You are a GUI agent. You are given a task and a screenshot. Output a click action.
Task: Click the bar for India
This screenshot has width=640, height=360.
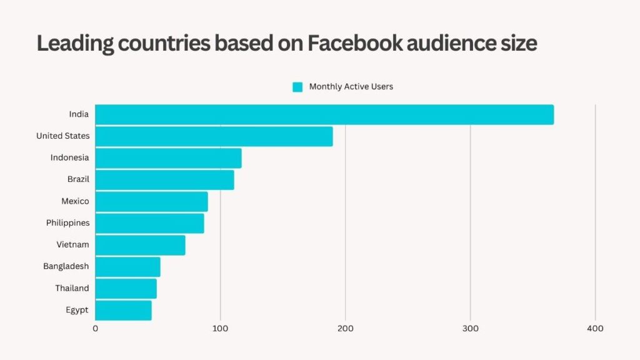point(324,114)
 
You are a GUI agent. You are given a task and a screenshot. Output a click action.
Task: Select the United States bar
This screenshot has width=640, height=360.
point(214,136)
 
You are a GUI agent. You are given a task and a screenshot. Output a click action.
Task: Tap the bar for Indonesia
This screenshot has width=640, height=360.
point(168,158)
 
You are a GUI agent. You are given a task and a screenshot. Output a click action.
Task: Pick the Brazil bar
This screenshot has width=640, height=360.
point(164,180)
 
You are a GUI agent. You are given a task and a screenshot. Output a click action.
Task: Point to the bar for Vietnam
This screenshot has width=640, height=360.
point(140,245)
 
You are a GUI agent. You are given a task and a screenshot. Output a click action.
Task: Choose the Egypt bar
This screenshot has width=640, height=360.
point(123,310)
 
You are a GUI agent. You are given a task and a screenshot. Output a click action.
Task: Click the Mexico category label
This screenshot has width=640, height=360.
point(75,201)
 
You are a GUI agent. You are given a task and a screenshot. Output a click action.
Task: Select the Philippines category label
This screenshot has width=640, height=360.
point(67,223)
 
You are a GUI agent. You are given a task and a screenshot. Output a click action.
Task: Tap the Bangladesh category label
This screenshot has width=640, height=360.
point(66,266)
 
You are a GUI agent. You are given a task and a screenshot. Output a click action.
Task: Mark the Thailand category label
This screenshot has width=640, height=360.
point(72,288)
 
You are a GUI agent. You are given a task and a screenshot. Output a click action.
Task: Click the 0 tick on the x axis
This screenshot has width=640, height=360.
point(96,328)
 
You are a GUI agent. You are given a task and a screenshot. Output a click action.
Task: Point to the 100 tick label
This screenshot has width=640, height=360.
point(220,328)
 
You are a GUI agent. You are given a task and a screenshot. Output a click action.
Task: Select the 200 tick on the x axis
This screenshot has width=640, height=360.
point(345,328)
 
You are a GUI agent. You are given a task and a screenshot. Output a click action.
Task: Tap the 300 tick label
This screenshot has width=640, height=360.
point(470,328)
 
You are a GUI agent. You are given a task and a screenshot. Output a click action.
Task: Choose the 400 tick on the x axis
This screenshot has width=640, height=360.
point(595,328)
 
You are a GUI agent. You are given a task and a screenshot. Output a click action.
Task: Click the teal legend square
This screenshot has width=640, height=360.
point(297,87)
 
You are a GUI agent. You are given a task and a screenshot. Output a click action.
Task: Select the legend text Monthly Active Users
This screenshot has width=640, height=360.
point(351,87)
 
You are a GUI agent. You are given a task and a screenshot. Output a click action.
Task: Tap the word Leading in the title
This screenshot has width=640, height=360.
point(74,44)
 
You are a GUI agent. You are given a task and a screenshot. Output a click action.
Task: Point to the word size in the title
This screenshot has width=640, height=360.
point(517,43)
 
